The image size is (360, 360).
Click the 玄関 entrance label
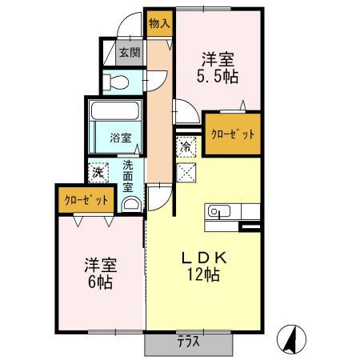130,54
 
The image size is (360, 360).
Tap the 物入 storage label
159,23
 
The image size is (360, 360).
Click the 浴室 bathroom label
121,138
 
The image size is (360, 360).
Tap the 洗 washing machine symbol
98,171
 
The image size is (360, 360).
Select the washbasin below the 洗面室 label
130,203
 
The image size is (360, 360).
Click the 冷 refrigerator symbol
186,147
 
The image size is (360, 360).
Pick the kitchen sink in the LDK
218,212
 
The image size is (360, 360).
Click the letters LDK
204,258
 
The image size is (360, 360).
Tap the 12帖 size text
205,274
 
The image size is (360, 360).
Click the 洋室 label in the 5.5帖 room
218,59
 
